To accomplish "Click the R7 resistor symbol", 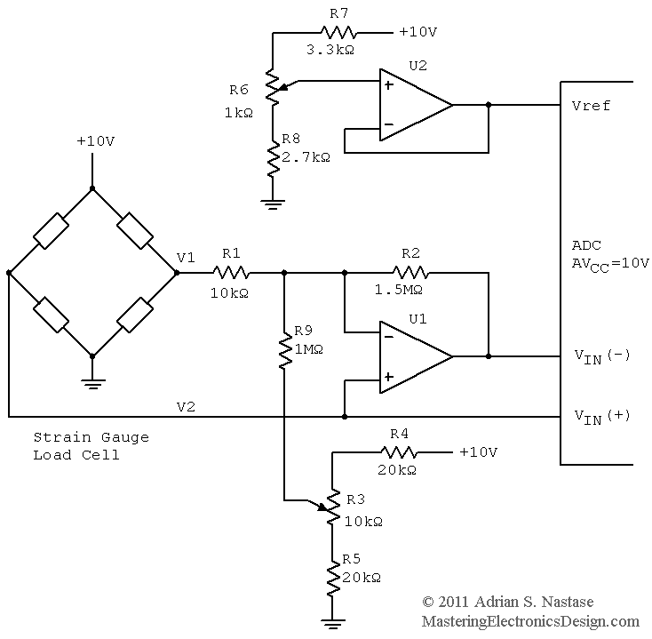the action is tap(338, 33).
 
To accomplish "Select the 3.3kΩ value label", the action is tap(330, 50).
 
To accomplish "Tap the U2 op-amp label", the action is tap(417, 66).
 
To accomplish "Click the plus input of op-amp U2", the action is tap(388, 84).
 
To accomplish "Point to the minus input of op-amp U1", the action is tap(388, 337).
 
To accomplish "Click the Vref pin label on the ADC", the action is tap(591, 106).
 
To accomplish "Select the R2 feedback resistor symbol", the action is tap(410, 273).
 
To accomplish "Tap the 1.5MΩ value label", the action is tap(399, 290).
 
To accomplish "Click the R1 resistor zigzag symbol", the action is tap(231, 273).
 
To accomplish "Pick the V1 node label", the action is tap(186, 258).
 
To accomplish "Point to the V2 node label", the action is tap(186, 406).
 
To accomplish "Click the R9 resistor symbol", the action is tap(285, 350).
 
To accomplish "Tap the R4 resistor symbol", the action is tap(399, 452).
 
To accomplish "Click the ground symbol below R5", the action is tap(332, 624).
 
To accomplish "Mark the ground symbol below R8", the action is tap(273, 204).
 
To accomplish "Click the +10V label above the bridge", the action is tap(96, 141).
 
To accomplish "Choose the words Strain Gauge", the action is tap(91, 437).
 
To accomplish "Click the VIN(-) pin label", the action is tap(602, 357).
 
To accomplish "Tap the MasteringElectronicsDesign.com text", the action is tap(530, 621).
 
